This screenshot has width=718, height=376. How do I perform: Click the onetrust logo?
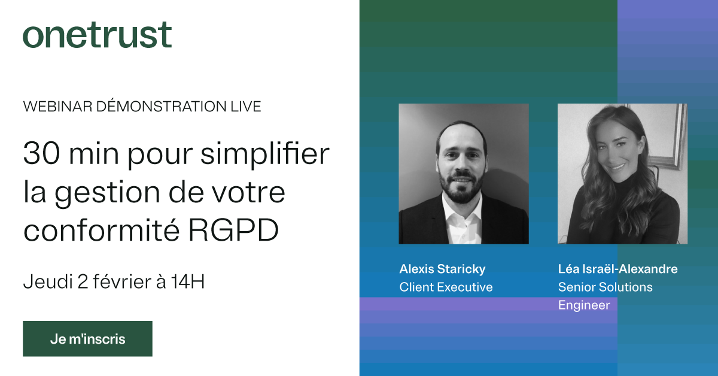97,35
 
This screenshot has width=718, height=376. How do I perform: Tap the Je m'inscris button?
87,338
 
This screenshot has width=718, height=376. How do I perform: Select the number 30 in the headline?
42,153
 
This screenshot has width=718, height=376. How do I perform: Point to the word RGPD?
233,230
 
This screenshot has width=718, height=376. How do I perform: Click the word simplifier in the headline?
265,154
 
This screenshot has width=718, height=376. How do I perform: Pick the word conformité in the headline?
101,229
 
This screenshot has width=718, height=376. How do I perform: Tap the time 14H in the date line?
187,281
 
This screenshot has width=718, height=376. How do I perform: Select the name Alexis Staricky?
442,269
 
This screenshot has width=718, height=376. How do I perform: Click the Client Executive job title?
446,287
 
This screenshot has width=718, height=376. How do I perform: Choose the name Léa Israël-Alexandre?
617,269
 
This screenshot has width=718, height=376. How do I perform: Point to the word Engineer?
584,305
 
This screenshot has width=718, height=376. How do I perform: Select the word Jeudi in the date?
48,281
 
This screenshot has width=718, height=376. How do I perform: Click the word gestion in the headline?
107,193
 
